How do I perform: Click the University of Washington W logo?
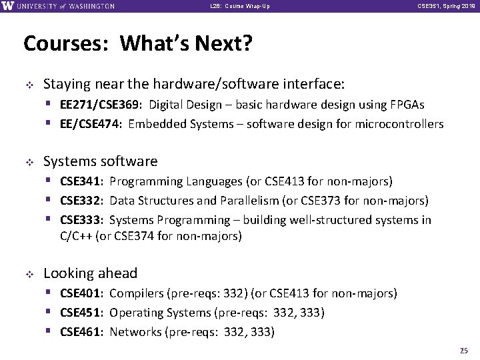click(7, 6)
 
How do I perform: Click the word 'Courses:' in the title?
click(62, 45)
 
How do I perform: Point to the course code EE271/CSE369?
click(103, 105)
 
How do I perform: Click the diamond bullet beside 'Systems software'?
click(28, 161)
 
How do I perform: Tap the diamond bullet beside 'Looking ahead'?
click(28, 273)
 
